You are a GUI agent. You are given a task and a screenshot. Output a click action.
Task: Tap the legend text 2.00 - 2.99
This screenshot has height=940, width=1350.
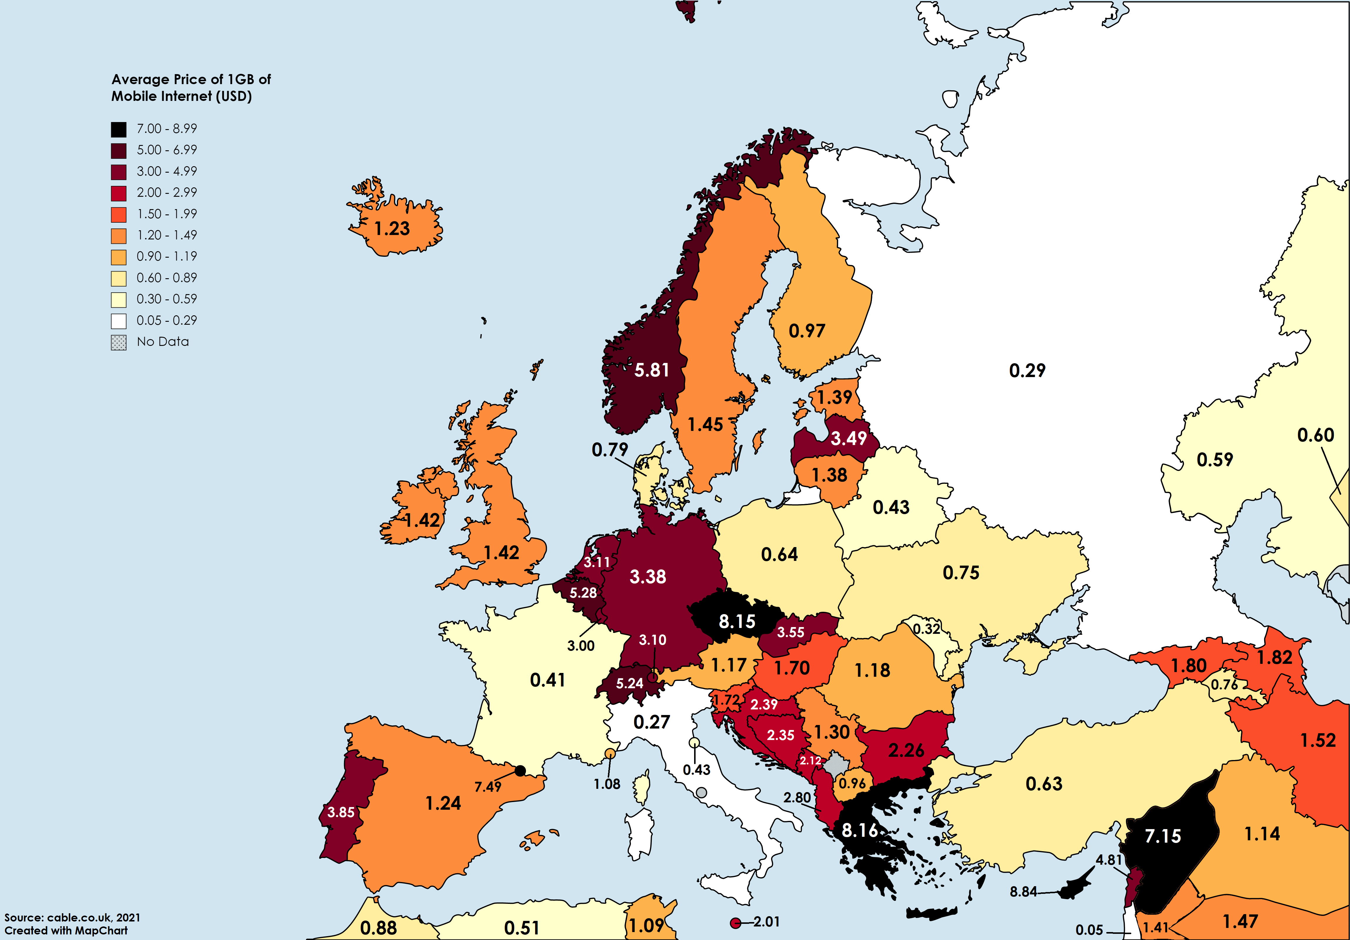pyautogui.click(x=167, y=192)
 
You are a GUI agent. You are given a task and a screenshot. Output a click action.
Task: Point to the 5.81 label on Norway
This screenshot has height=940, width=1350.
pyautogui.click(x=651, y=370)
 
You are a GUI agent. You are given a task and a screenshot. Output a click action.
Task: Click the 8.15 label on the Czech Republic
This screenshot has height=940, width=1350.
pyautogui.click(x=737, y=621)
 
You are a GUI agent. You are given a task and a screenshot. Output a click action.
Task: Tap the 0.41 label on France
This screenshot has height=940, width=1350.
pyautogui.click(x=547, y=680)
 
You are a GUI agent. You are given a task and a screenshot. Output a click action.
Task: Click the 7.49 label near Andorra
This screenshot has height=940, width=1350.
pyautogui.click(x=488, y=786)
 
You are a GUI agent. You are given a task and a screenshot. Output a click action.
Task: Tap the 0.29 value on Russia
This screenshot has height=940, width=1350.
pyautogui.click(x=1027, y=371)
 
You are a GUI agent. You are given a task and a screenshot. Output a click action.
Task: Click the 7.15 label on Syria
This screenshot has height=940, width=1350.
pyautogui.click(x=1162, y=836)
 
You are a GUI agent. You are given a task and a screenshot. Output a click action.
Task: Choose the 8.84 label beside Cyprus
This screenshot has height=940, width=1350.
pyautogui.click(x=1023, y=892)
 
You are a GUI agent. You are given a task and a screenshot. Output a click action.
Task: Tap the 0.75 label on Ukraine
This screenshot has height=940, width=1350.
pyautogui.click(x=961, y=572)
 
